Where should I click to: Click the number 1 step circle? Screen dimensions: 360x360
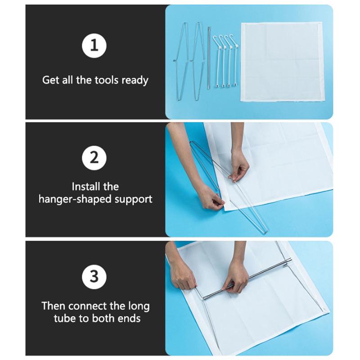[x=94, y=45]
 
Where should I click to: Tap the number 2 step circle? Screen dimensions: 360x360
[x=94, y=158]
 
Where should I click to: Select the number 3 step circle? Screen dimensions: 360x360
[x=94, y=277]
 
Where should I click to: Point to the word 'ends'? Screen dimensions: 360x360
[x=129, y=319]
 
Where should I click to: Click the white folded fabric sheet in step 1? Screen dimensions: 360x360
[x=282, y=62]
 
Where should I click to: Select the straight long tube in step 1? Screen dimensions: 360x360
[x=209, y=58]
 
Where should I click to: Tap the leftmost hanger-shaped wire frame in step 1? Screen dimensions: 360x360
[x=181, y=62]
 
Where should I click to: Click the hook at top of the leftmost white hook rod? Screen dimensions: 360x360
[x=215, y=40]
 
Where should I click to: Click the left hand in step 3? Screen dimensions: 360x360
[x=181, y=275]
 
